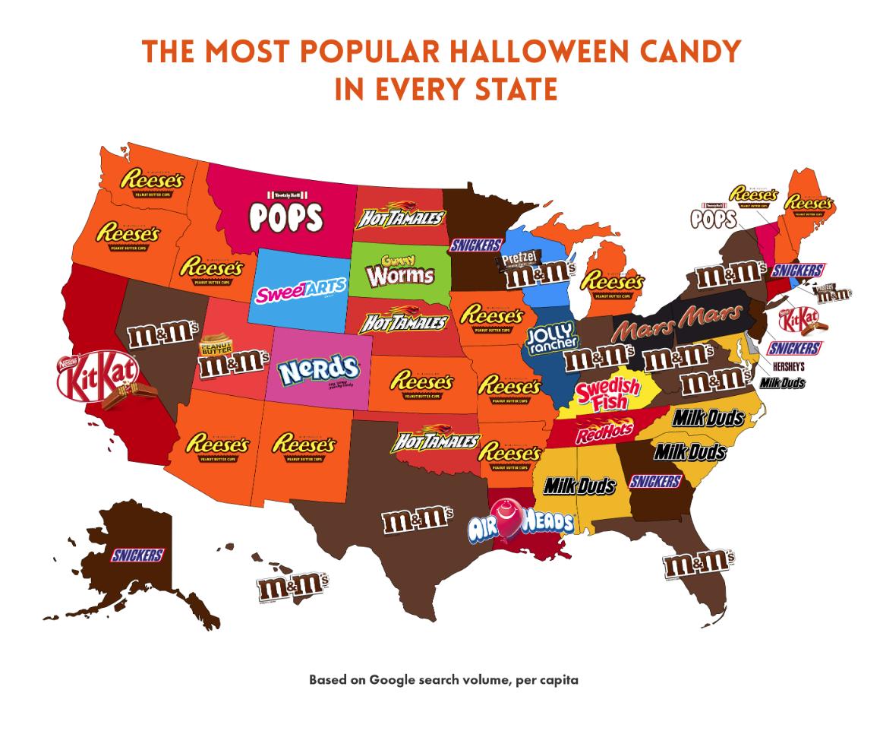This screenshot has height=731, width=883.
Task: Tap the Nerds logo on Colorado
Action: click(x=317, y=370)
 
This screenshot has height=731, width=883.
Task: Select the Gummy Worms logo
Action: click(x=399, y=271)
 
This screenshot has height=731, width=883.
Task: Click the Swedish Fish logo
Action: click(x=607, y=393)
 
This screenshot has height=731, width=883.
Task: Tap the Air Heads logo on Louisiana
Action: click(x=521, y=524)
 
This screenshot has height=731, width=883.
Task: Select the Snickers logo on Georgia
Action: click(x=654, y=481)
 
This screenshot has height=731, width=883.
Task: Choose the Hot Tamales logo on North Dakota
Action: click(x=399, y=217)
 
